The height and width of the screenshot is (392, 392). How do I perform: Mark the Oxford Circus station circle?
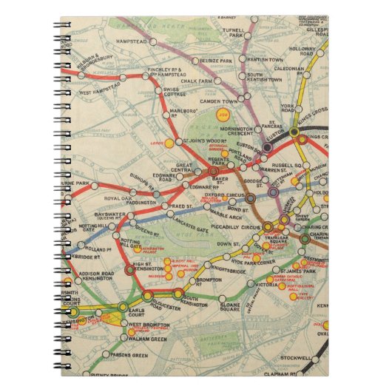pos(250,198)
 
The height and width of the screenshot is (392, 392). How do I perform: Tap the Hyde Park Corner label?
pos(242,263)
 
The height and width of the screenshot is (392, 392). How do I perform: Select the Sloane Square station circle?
pos(220,299)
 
